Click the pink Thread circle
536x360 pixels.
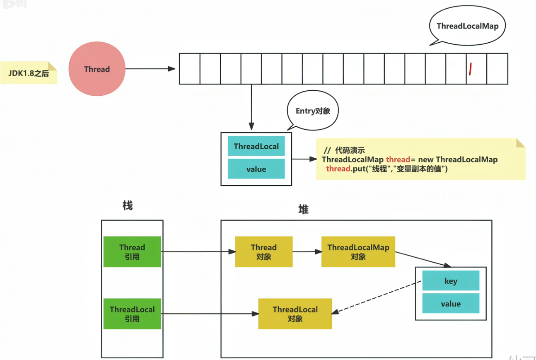coord(97,69)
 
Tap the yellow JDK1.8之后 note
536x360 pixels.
coord(29,73)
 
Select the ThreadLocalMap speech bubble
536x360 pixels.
coord(467,26)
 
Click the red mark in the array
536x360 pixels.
coord(471,69)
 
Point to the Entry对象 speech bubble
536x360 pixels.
coord(312,111)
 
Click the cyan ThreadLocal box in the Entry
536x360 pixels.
coord(256,146)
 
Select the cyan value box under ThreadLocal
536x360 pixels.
coord(256,169)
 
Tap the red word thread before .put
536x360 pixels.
coord(338,169)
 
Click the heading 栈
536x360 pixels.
coord(128,205)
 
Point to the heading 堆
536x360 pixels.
coord(303,210)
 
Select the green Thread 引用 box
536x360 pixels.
coord(132,252)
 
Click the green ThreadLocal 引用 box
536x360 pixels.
coord(132,314)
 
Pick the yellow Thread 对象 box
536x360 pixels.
coord(263,252)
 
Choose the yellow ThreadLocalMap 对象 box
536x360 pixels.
coord(358,252)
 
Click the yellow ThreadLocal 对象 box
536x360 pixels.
coord(295,314)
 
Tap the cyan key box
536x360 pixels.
coord(451,281)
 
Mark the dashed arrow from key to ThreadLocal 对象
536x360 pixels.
coord(377,297)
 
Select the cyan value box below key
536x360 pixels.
coord(451,304)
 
